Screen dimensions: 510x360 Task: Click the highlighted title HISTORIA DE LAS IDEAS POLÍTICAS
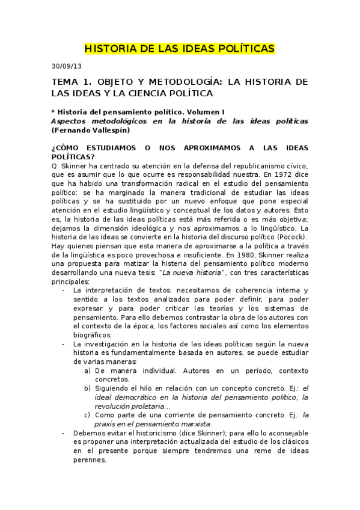180,48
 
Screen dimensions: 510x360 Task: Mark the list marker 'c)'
88,414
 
